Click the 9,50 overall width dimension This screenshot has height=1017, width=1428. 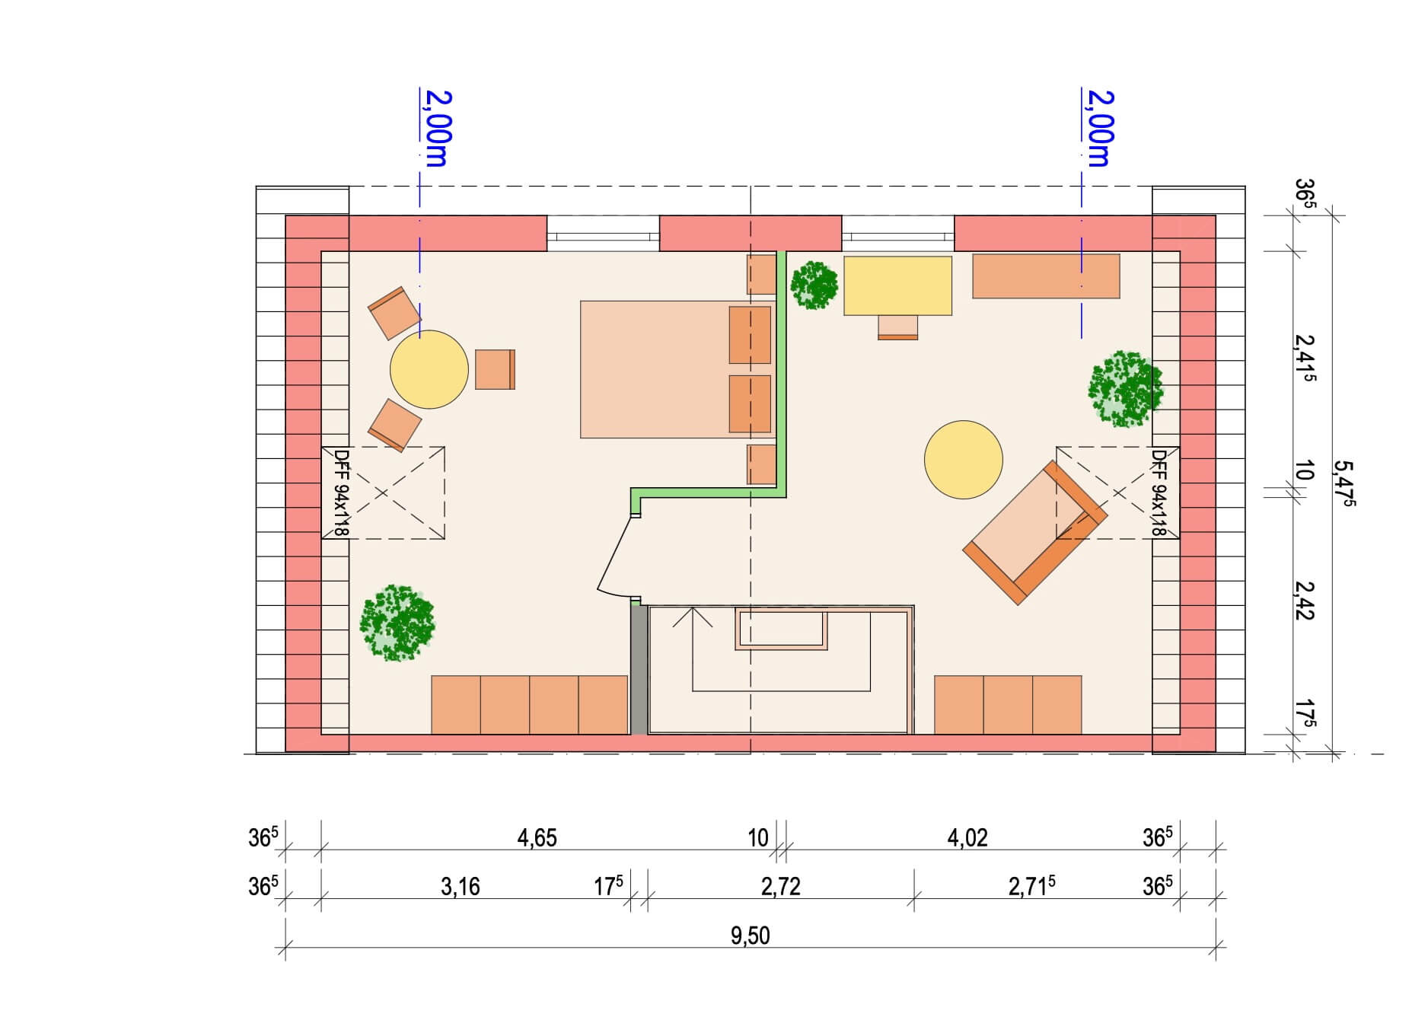(x=750, y=935)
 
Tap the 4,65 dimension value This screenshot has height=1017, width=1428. (x=537, y=838)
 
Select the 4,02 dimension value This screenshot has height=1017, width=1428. (x=967, y=838)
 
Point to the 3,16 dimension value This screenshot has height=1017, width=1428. (x=460, y=887)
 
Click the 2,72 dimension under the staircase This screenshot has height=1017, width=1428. (x=780, y=887)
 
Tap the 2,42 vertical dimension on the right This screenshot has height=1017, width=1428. (x=1304, y=601)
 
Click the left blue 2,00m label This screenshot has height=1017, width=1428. (x=438, y=128)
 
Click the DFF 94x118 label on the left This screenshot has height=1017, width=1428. (x=341, y=493)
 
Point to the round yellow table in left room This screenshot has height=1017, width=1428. (x=429, y=369)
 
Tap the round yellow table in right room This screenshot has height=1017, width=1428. (x=963, y=460)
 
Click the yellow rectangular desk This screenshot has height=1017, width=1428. (x=897, y=285)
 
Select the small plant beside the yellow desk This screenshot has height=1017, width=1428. (x=814, y=285)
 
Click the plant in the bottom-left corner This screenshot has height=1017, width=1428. (x=397, y=622)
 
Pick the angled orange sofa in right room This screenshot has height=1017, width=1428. (x=1034, y=532)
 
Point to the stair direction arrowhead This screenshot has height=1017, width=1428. (x=693, y=617)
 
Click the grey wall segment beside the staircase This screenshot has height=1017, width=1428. (x=639, y=670)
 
